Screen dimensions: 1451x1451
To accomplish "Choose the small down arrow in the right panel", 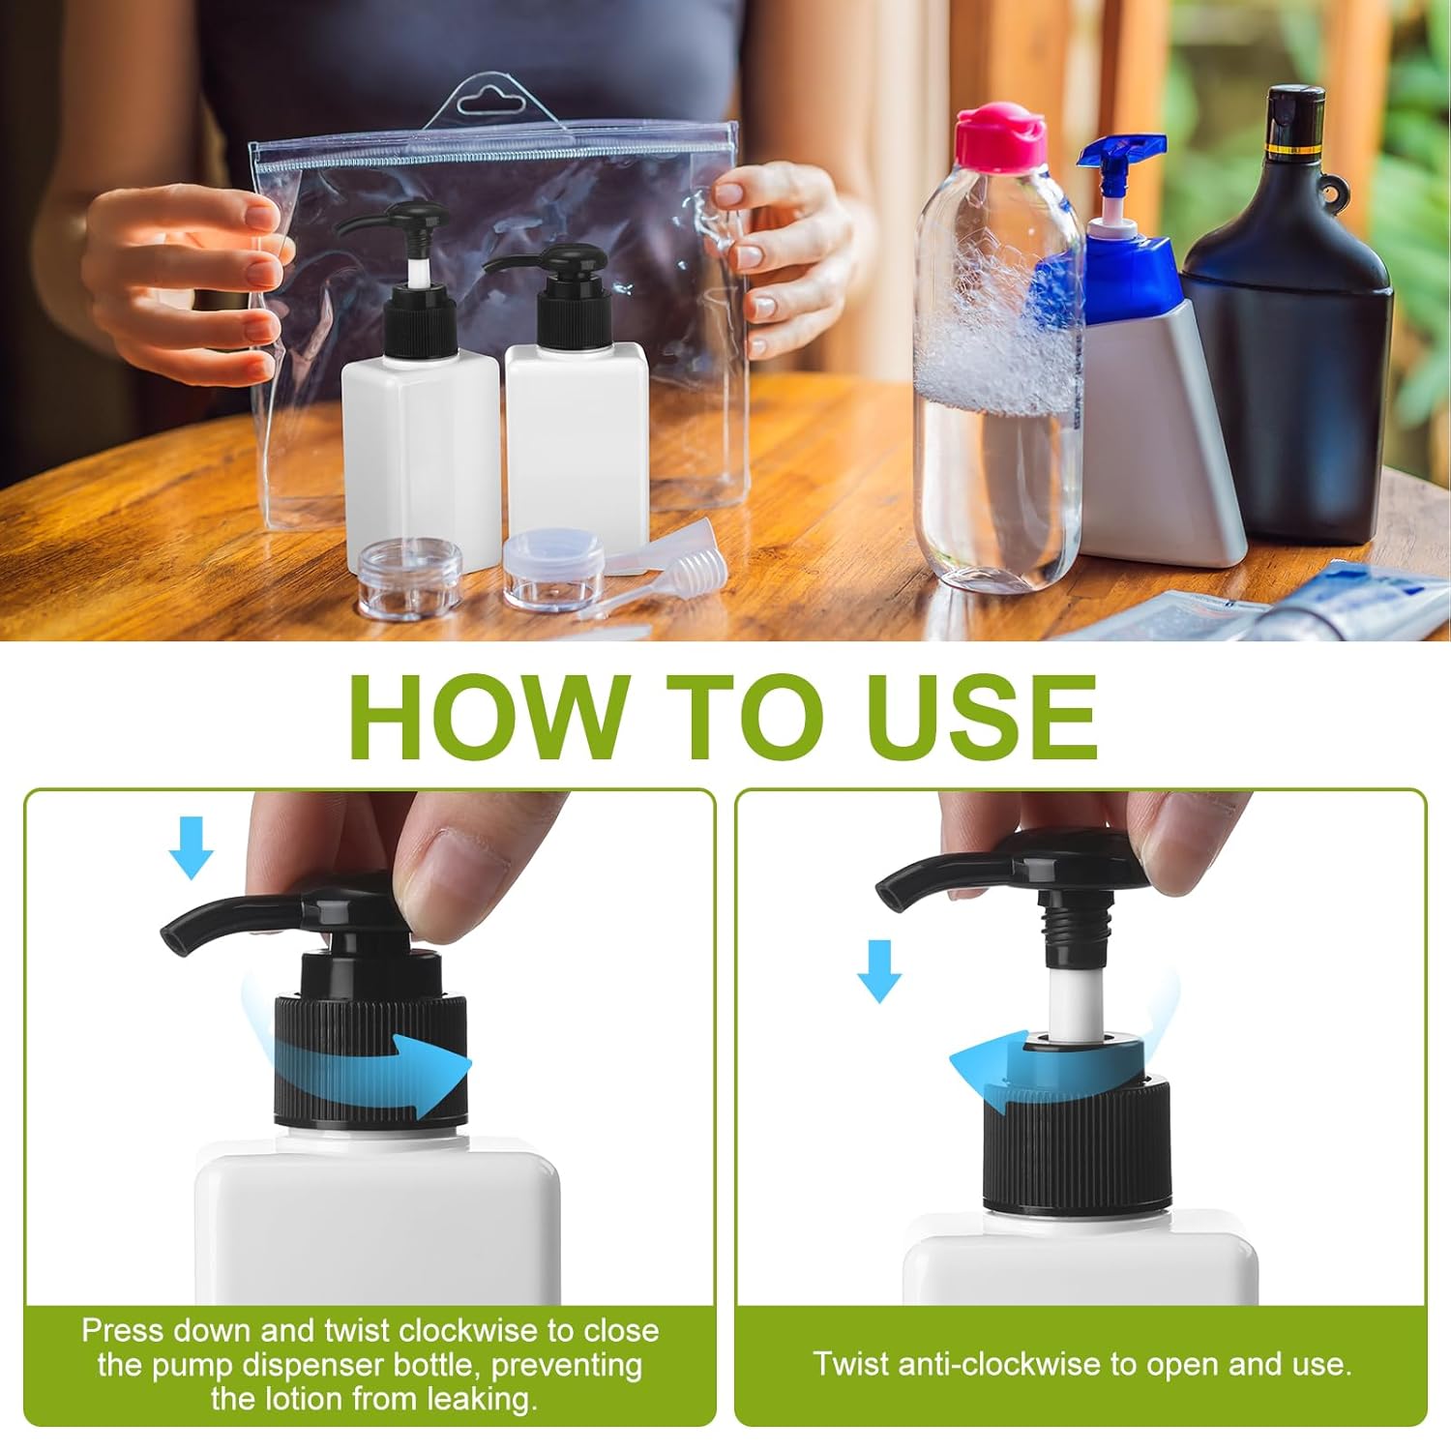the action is tap(879, 970).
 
